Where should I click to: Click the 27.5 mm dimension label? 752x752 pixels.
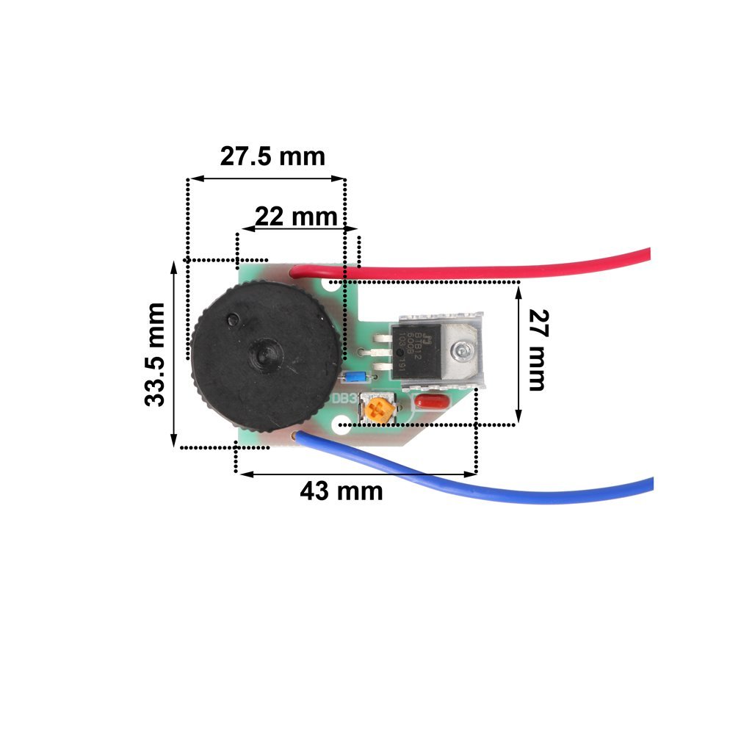tap(272, 156)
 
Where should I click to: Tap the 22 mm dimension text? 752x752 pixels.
tap(296, 217)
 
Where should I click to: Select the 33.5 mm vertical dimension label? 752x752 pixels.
tap(155, 354)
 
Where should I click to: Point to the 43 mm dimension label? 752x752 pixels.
tap(341, 491)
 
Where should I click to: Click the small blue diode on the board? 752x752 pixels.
tap(355, 377)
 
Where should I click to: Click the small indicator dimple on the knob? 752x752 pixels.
tap(233, 319)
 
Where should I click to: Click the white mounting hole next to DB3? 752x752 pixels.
tap(341, 425)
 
